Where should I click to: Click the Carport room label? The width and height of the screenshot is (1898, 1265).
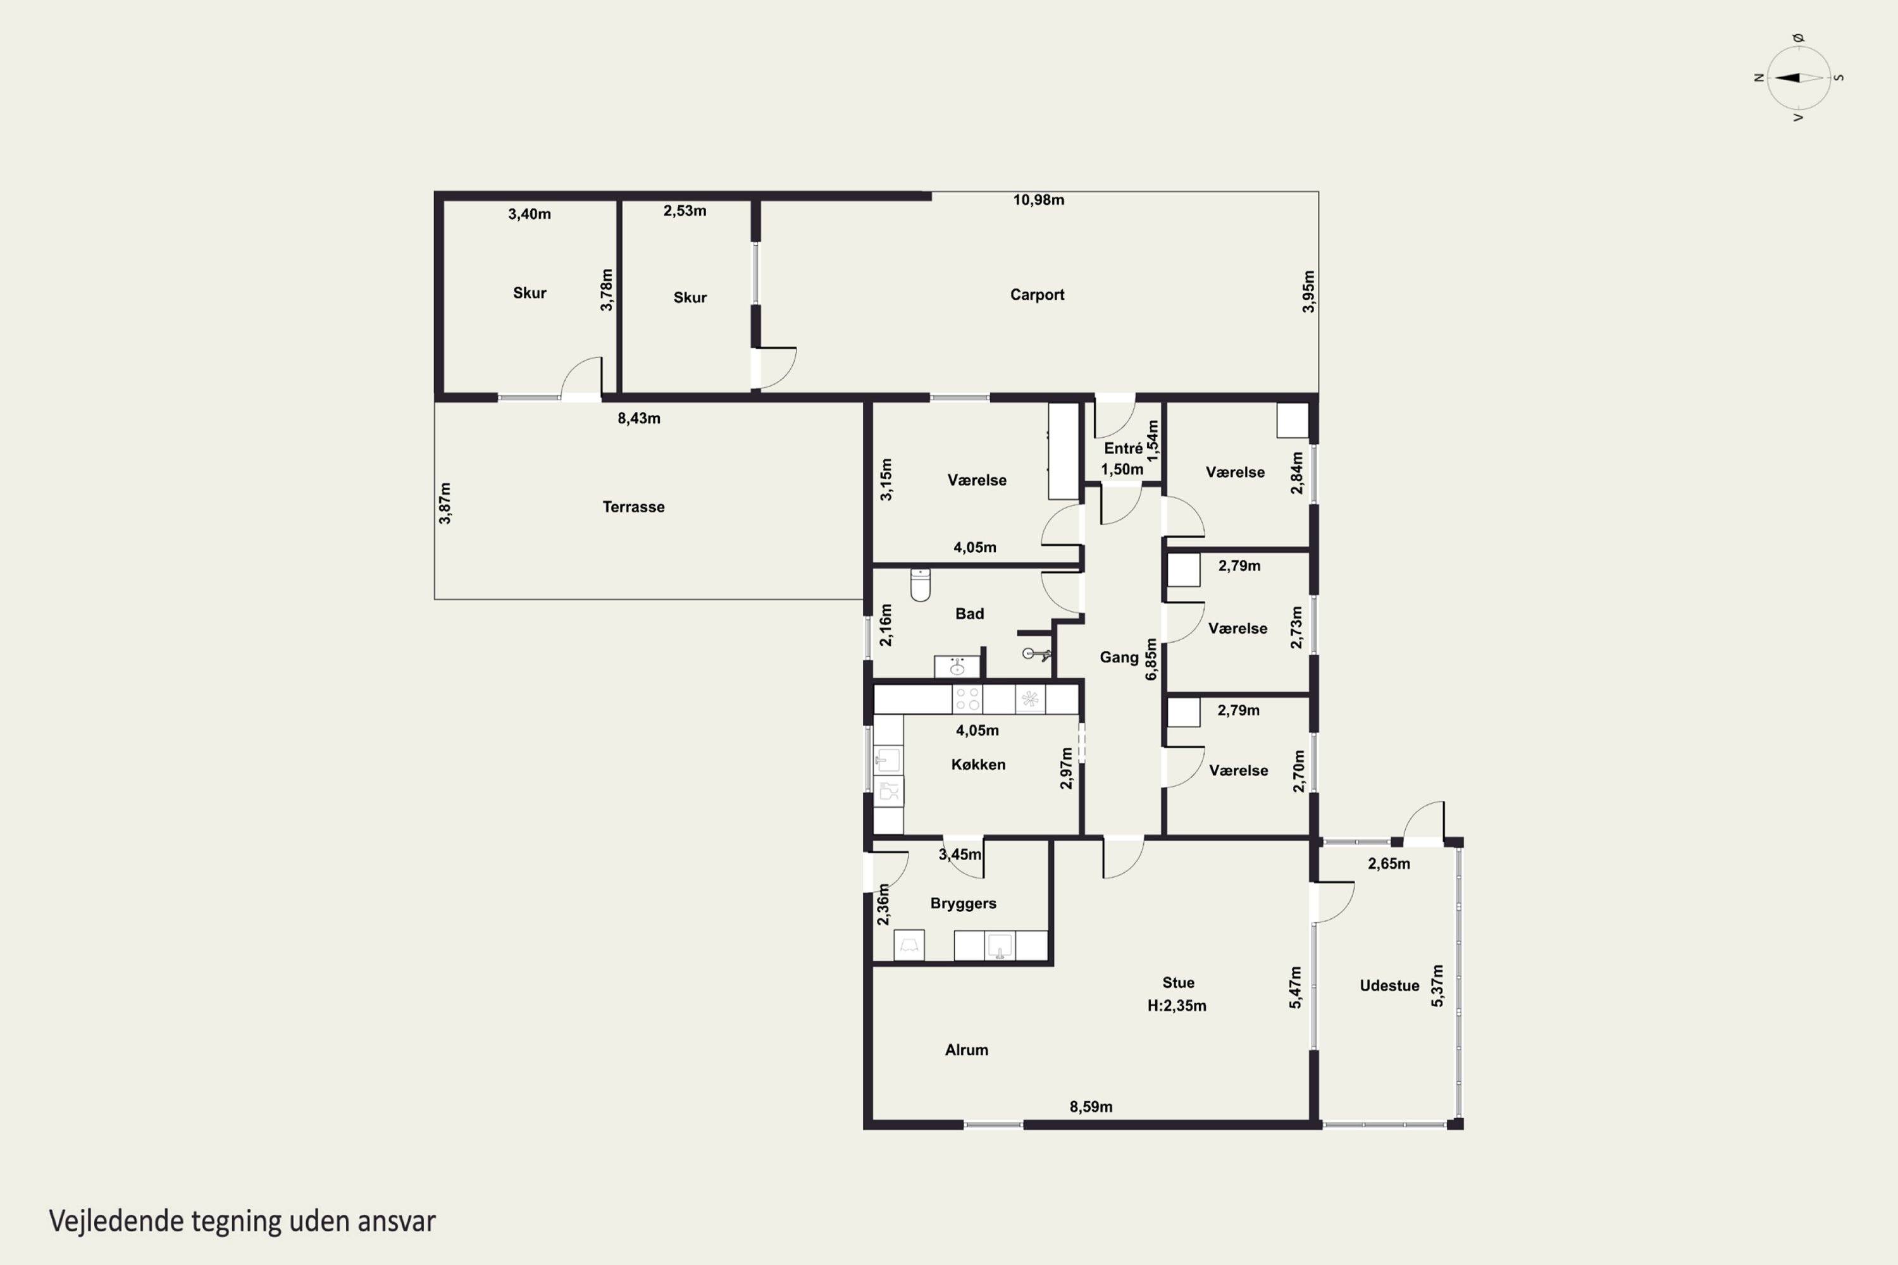click(x=1037, y=295)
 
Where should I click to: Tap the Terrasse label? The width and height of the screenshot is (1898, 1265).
click(x=633, y=507)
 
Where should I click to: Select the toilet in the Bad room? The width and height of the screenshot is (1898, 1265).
click(x=921, y=585)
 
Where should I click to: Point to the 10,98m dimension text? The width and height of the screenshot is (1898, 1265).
click(x=1039, y=200)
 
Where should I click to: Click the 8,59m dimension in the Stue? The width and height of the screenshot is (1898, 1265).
click(x=1091, y=1107)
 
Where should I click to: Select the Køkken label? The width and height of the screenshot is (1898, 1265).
click(x=978, y=764)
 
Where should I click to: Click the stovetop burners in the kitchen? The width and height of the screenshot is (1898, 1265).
click(x=967, y=700)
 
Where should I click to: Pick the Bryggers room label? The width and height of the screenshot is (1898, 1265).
click(x=963, y=904)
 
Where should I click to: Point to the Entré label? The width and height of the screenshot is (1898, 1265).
click(x=1122, y=448)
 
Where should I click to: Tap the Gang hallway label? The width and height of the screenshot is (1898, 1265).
click(x=1119, y=658)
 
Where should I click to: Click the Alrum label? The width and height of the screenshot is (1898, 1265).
click(x=966, y=1049)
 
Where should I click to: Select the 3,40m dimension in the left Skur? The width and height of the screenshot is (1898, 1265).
click(x=530, y=214)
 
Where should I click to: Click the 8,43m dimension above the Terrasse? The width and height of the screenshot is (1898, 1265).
click(x=639, y=418)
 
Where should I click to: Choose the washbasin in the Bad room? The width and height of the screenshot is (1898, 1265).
click(x=957, y=667)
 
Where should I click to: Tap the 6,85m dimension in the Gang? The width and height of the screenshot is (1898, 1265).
click(x=1151, y=659)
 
